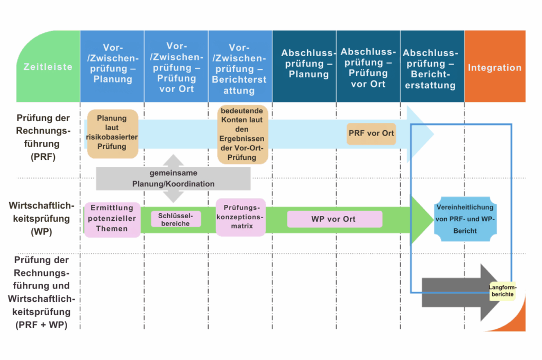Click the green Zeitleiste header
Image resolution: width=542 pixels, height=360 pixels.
coord(48,67)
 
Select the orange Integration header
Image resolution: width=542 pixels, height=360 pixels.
coord(494,67)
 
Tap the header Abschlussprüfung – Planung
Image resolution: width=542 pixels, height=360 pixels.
coord(309,64)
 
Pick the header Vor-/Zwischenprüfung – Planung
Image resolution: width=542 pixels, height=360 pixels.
coord(112,64)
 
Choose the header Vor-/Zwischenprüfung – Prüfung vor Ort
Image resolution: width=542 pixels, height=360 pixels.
coord(176,67)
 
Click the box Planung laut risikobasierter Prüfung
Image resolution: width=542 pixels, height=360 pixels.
coord(112,133)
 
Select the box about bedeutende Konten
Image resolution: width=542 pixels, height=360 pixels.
coord(242,134)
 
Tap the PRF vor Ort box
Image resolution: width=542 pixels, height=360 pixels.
coord(371,133)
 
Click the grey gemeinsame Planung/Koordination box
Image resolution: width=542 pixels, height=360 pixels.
coord(173,178)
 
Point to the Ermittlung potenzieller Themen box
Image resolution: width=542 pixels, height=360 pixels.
coord(112,219)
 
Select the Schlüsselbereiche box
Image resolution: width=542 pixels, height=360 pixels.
coord(176,219)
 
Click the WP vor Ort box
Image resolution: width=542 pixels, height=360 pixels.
coord(334,219)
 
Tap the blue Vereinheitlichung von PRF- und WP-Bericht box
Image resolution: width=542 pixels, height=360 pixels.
coord(465,219)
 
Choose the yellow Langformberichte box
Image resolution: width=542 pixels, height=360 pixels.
coord(502,291)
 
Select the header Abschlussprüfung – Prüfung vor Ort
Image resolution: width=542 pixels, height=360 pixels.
coord(367,67)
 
